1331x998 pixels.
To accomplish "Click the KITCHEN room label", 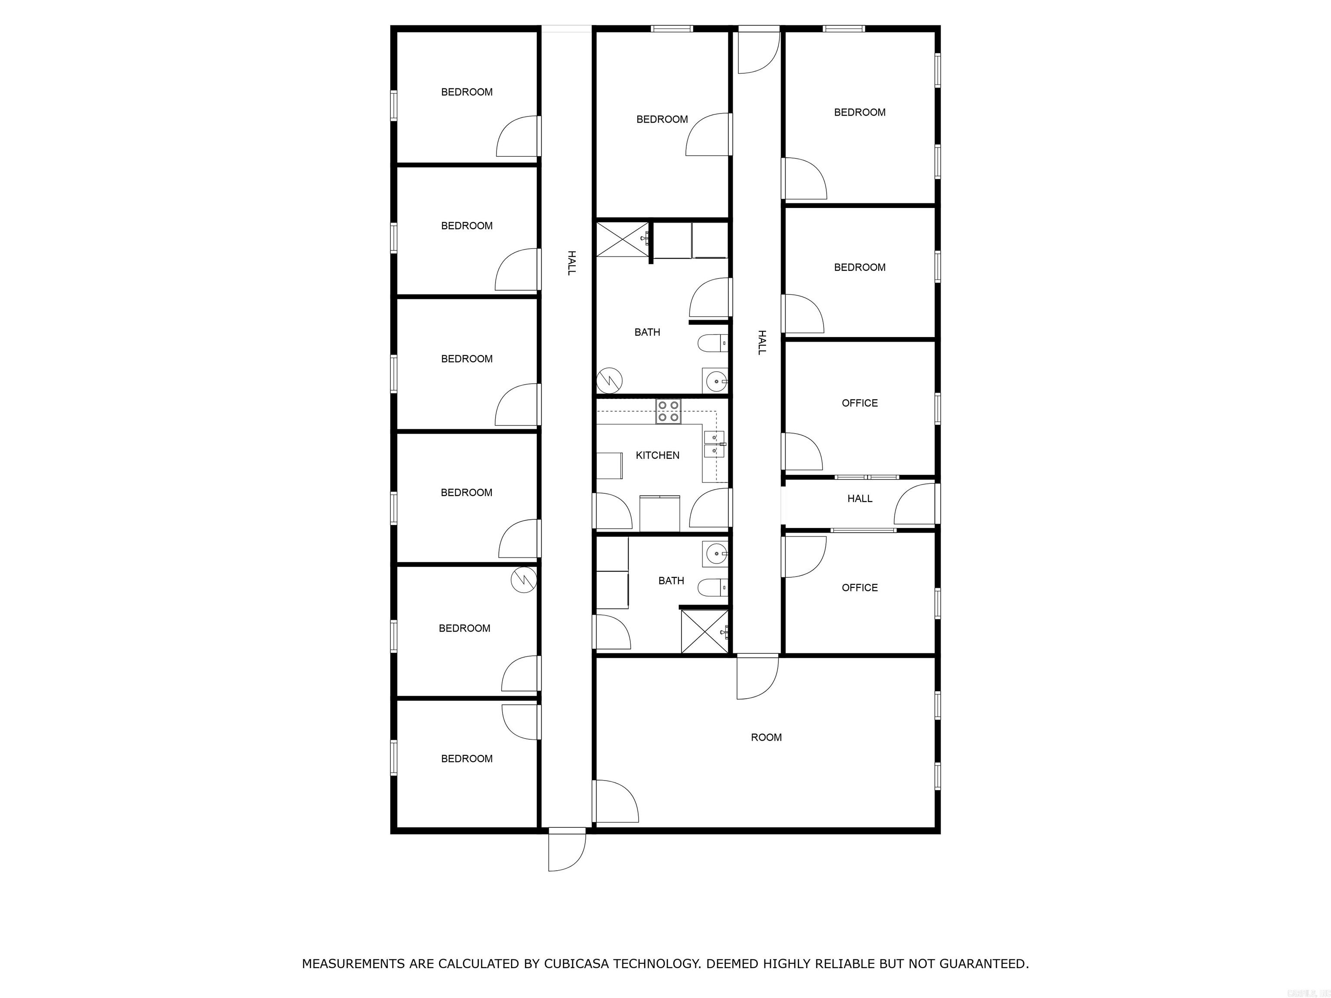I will click(x=657, y=455).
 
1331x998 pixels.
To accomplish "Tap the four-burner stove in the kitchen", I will click(x=668, y=412).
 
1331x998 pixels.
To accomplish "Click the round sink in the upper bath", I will click(x=715, y=381).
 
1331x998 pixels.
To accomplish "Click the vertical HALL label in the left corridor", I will click(x=571, y=263).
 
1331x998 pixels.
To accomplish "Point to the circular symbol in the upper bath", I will click(x=609, y=380).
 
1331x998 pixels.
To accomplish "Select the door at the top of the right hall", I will click(x=759, y=52).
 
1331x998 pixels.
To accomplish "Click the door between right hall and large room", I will click(x=757, y=677).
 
